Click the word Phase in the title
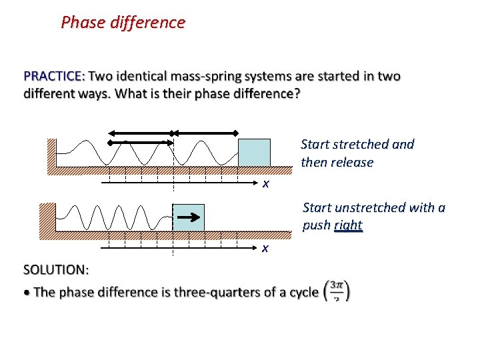click(x=83, y=22)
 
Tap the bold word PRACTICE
click(x=54, y=76)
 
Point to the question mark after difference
click(x=297, y=93)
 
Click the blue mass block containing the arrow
click(x=188, y=217)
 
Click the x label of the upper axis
click(x=265, y=183)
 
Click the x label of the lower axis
click(x=265, y=248)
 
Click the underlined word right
click(x=348, y=225)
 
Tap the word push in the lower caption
click(x=317, y=225)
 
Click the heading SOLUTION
click(x=56, y=270)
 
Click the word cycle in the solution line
click(x=301, y=292)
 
